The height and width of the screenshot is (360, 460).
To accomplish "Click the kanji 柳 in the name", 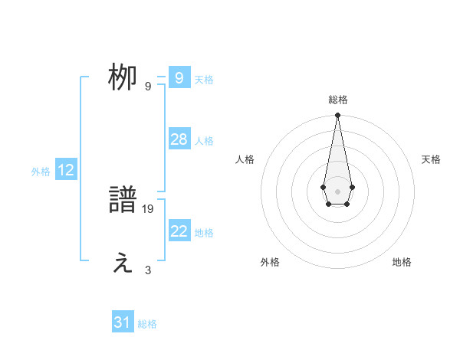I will click(122, 78).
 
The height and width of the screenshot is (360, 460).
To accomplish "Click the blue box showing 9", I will click(179, 78).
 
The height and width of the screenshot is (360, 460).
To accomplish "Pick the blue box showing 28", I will click(179, 139).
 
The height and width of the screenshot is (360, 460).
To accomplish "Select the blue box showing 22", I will click(179, 231).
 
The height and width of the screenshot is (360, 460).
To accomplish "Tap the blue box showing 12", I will click(66, 170).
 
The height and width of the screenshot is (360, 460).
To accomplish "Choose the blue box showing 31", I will click(122, 322).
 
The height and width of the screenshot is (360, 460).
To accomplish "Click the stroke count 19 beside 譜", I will click(148, 208).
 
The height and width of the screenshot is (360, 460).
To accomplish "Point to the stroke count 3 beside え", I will click(148, 270).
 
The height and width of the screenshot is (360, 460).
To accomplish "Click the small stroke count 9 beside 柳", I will click(148, 86).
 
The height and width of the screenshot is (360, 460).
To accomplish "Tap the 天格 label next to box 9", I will click(204, 80).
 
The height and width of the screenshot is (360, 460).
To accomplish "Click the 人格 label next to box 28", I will click(204, 141).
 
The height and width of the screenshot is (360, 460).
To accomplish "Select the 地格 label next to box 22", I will click(204, 233).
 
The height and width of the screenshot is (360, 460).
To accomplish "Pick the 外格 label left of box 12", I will click(41, 172).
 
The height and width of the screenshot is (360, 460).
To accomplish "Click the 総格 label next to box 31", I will click(147, 324).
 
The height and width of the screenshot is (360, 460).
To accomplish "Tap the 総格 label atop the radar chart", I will click(337, 100).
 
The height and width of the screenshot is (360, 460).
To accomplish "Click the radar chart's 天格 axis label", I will click(431, 159).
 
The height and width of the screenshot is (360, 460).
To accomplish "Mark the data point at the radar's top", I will click(337, 116).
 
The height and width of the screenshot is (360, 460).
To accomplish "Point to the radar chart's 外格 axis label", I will click(270, 262).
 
